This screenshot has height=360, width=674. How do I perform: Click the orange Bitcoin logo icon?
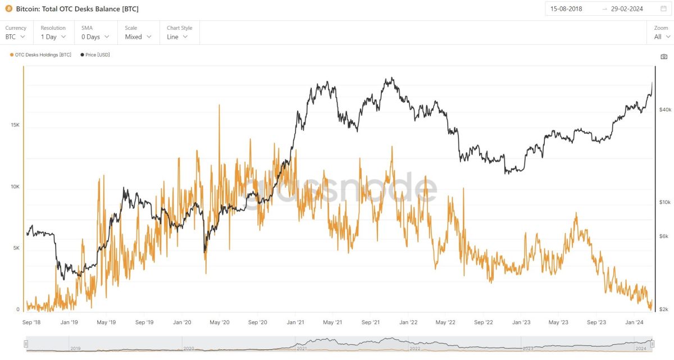tap(8, 9)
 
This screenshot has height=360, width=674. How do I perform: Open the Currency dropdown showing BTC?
tap(16, 37)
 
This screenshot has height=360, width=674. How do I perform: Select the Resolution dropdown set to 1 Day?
tap(53, 37)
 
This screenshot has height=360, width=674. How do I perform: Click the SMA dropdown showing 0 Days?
tap(94, 37)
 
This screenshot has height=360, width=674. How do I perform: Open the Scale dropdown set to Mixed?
tap(138, 37)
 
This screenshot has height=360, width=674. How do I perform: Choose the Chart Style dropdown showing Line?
tap(177, 37)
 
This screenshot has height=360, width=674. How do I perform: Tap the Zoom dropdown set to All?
tap(661, 37)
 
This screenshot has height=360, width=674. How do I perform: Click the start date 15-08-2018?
tap(566, 9)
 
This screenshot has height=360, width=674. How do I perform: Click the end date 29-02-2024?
tap(627, 9)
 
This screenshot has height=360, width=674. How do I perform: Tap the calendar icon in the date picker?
tap(663, 9)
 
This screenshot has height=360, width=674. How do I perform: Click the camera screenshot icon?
tap(664, 57)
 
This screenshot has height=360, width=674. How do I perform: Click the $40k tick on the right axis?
tap(665, 110)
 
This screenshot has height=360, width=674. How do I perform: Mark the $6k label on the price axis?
tap(664, 236)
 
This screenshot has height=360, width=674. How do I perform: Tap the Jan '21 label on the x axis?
tap(295, 322)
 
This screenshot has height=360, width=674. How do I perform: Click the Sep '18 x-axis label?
tap(31, 322)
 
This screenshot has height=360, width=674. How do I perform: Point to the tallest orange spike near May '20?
tap(219, 106)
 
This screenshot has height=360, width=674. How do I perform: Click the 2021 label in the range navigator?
tap(302, 349)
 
